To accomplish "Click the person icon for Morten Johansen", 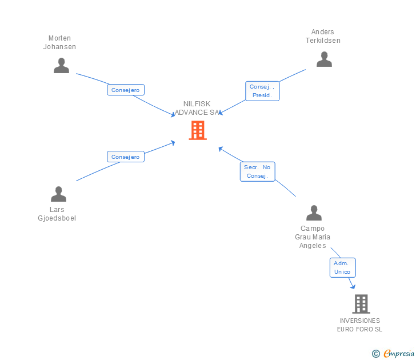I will click(61, 66).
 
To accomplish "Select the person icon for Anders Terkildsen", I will click(324, 59).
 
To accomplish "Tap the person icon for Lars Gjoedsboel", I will click(58, 194).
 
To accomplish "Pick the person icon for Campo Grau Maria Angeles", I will click(314, 213).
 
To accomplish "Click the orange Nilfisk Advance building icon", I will click(198, 130).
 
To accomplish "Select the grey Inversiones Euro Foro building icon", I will click(361, 304).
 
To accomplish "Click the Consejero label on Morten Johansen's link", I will click(126, 90).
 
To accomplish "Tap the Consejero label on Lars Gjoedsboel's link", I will click(126, 157).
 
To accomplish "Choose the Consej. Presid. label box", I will click(262, 91).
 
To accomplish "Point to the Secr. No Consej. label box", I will click(257, 171).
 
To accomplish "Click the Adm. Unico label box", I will click(342, 267).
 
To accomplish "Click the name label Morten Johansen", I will click(59, 43).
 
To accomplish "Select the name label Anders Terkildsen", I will click(323, 36).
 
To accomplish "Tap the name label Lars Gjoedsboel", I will click(57, 214).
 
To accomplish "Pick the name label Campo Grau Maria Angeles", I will click(313, 237).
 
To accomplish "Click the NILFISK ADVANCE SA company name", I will click(197, 108).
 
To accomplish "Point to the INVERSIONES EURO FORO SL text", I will click(359, 325).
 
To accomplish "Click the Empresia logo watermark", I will click(399, 354).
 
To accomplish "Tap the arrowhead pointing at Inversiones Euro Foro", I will click(353, 286).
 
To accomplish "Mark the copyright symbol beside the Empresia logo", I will click(376, 354).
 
